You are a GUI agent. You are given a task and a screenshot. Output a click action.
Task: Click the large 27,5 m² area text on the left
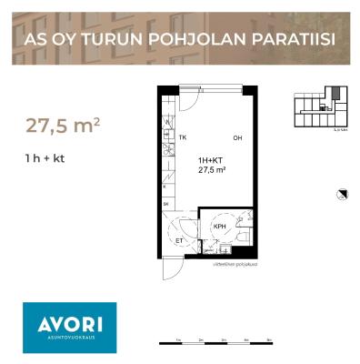[62, 125]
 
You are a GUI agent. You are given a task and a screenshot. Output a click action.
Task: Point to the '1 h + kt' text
[45, 158]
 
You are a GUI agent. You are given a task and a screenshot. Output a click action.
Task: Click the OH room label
[237, 139]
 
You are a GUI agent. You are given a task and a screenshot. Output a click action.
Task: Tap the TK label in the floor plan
[182, 138]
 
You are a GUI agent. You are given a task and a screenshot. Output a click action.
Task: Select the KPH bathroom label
[219, 227]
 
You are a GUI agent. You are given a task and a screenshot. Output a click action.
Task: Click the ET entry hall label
[179, 241]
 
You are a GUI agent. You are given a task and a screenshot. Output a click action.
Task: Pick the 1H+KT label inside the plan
[211, 159]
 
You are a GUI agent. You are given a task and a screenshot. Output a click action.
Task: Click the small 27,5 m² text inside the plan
[211, 169]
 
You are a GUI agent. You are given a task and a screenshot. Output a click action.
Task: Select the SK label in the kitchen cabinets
[165, 206]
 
